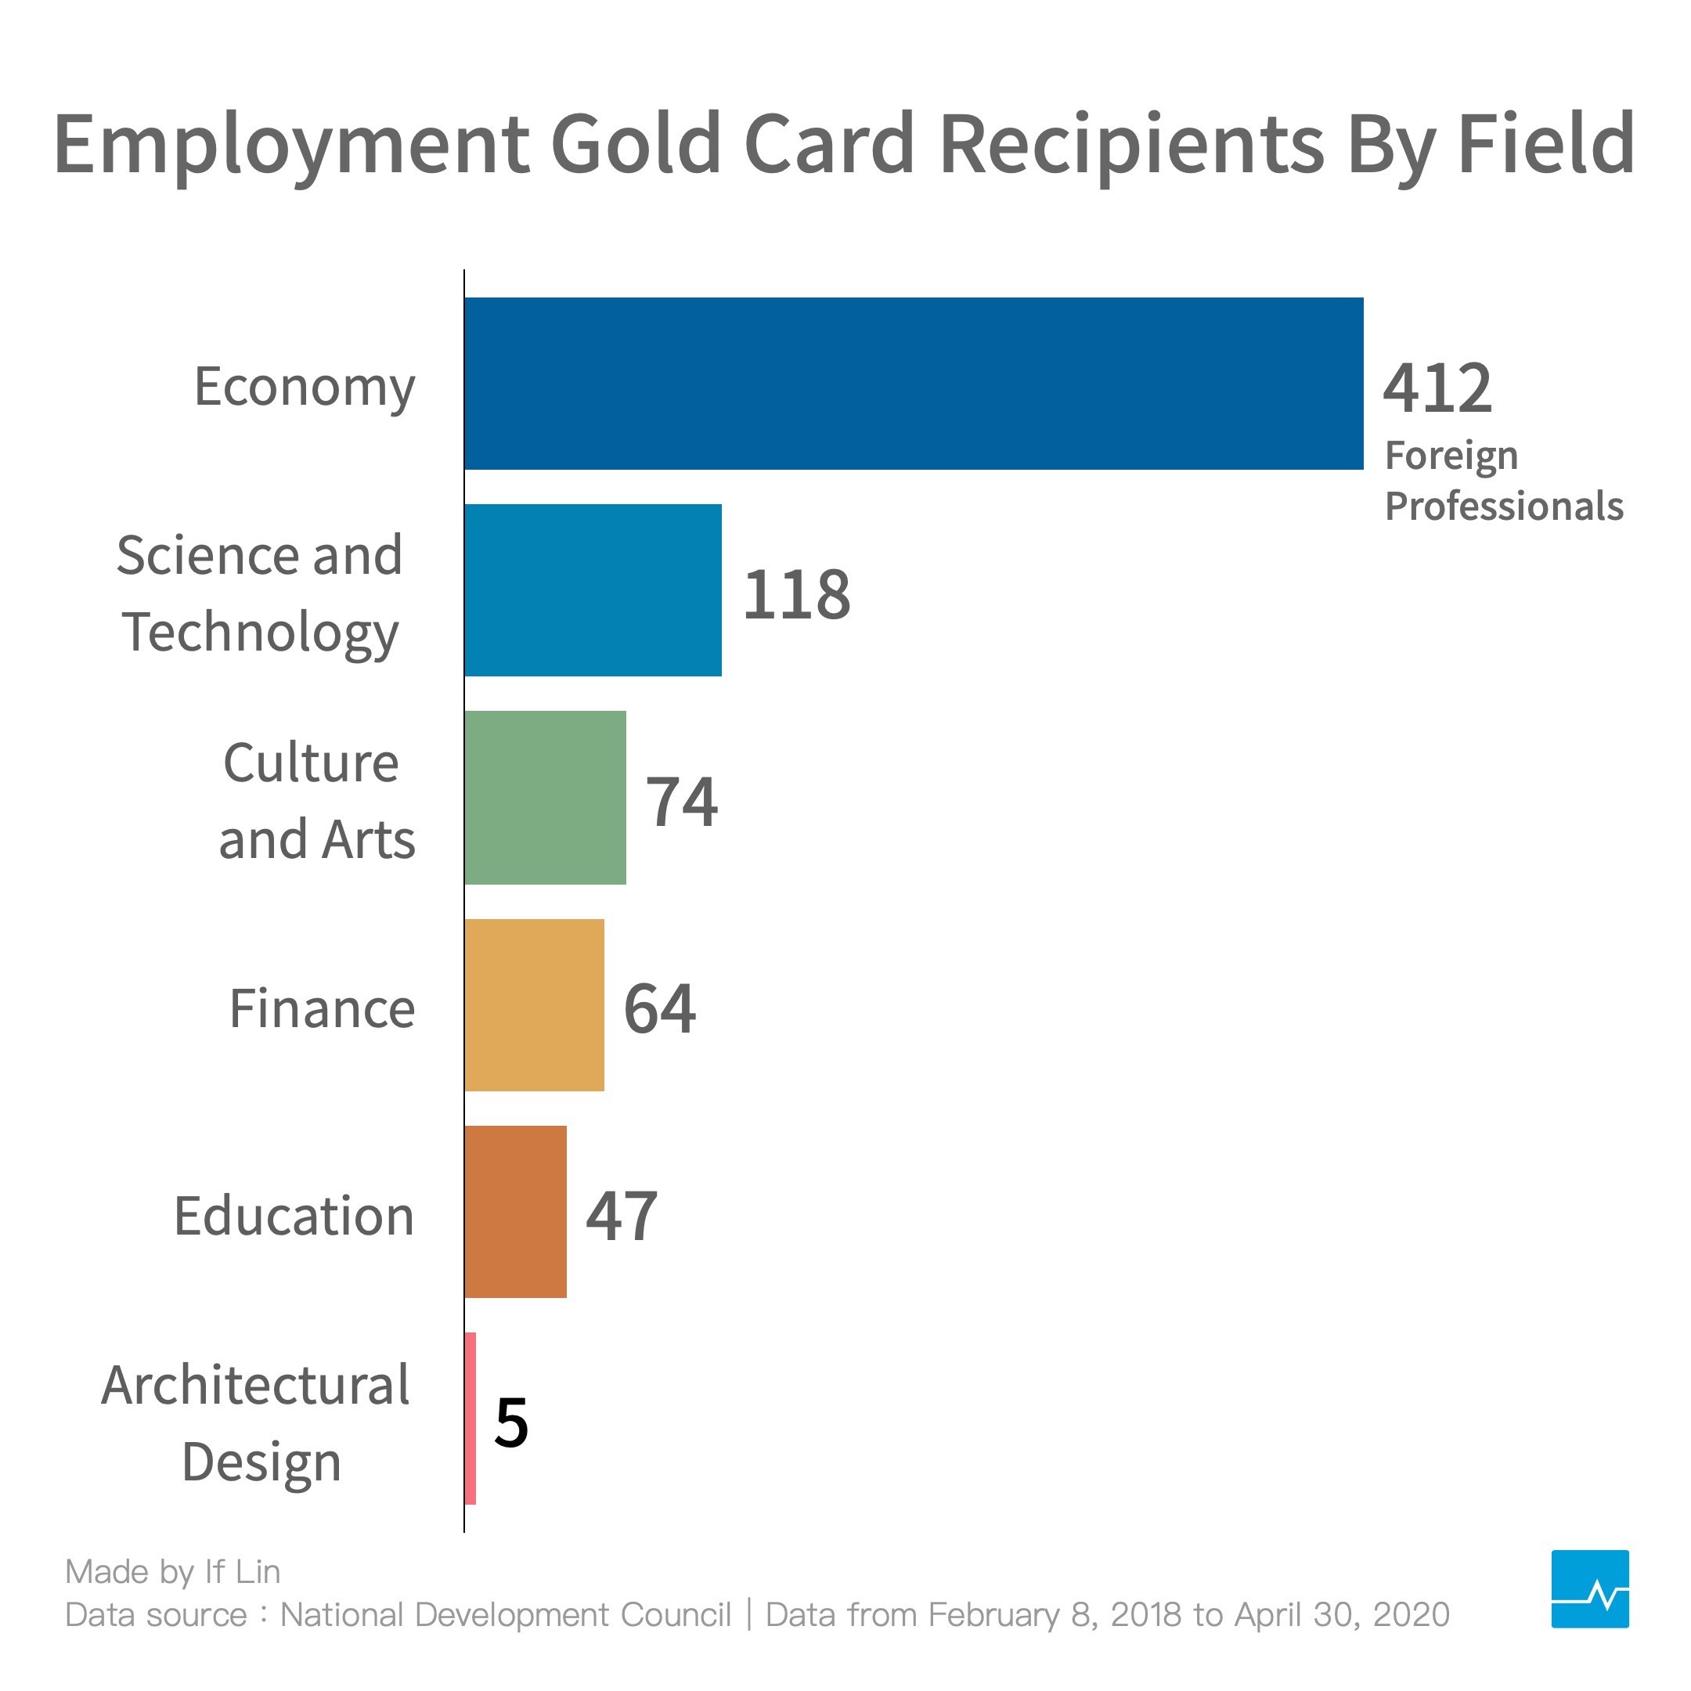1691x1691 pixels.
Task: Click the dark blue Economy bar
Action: tap(913, 384)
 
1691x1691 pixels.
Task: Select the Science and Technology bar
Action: tap(593, 590)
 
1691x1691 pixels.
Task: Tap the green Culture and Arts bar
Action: tap(544, 798)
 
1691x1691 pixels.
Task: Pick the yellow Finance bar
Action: tap(534, 1004)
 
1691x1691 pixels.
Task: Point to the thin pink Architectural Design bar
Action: tap(471, 1419)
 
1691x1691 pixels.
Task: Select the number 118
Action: tap(795, 594)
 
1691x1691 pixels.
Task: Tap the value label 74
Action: tap(681, 801)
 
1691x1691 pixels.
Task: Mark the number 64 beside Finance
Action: tap(659, 1008)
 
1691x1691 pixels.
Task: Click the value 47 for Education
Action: tap(622, 1216)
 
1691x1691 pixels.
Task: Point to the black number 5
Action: tap(511, 1423)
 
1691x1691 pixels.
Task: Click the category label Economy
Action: tap(304, 387)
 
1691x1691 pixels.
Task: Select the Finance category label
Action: tap(321, 1008)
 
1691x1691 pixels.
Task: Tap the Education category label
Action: tap(294, 1216)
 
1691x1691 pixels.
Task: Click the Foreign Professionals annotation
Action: tap(1502, 481)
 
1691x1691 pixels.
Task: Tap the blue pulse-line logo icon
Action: tap(1589, 1588)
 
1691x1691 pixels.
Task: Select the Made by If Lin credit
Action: tap(173, 1571)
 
